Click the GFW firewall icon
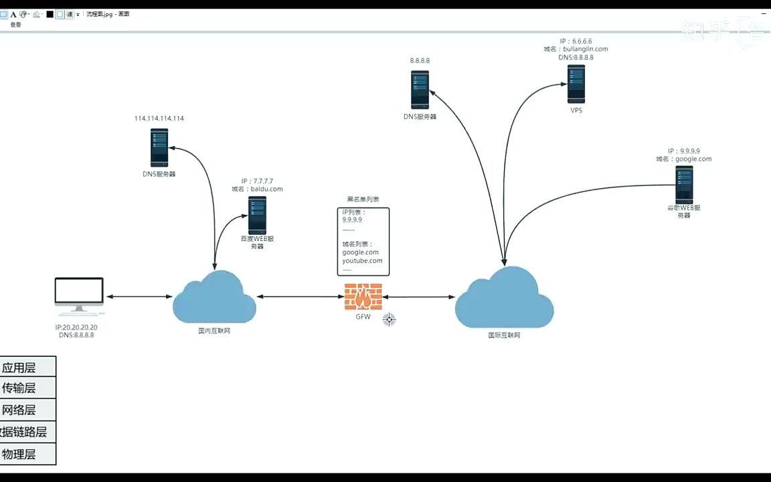point(363,297)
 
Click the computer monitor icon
point(79,295)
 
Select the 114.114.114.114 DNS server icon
point(159,148)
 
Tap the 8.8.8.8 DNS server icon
point(420,90)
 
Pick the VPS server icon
point(576,84)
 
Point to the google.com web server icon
point(683,185)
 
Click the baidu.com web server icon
point(257,215)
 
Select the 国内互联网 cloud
point(214,299)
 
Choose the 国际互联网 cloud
point(505,299)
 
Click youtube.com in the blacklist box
point(362,261)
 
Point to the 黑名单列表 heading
point(363,199)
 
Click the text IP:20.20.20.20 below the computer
point(76,327)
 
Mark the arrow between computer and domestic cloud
point(138,297)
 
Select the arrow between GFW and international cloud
point(419,297)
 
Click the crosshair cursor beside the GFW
point(389,319)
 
